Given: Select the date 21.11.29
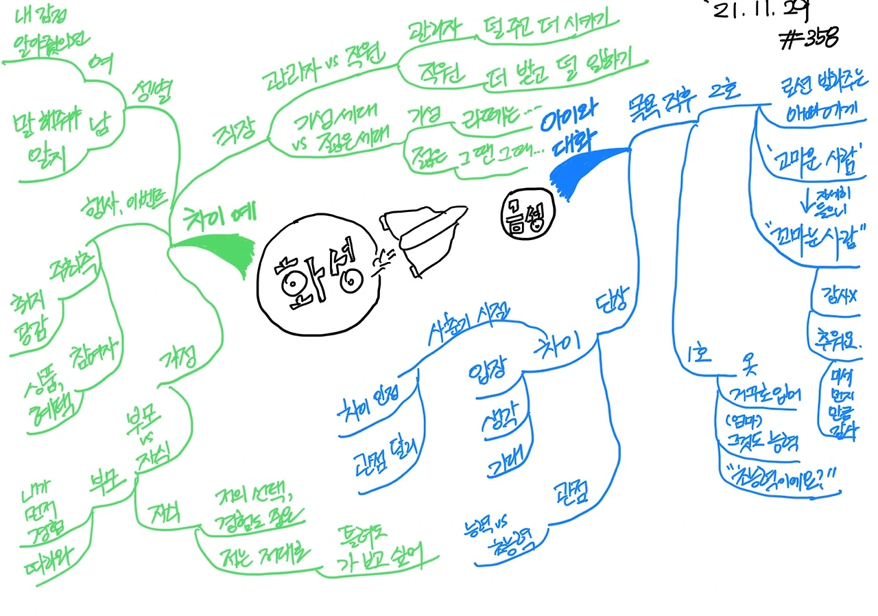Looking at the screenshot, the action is tap(759, 10).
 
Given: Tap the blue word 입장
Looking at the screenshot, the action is tap(486, 372).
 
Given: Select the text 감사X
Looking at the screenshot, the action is tap(837, 296).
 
